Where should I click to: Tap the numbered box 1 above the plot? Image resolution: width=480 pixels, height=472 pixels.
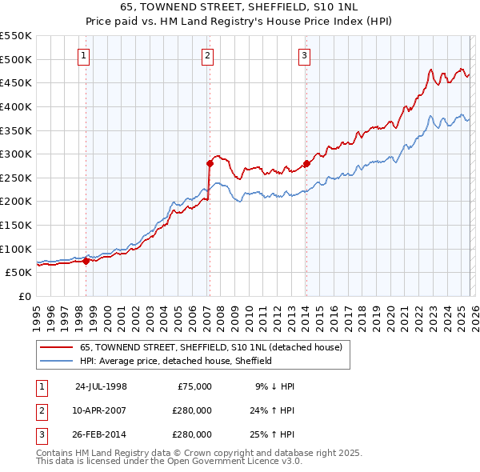[x=85, y=55]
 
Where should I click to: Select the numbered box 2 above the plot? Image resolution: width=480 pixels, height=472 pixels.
[x=207, y=55]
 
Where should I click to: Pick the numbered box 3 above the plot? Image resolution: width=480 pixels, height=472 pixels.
[x=305, y=55]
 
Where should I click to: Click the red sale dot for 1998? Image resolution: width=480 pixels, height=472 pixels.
[x=86, y=260]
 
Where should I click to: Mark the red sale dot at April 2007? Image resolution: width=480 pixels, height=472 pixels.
[x=210, y=163]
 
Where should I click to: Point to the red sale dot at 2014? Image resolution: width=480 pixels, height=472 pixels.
[x=306, y=163]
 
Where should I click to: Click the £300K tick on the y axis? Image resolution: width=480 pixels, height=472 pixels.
[x=18, y=154]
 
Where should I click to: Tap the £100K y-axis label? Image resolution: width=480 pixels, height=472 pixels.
[x=18, y=249]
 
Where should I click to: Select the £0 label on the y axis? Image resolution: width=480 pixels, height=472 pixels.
[x=24, y=296]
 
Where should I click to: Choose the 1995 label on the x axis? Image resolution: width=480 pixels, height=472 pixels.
[x=37, y=316]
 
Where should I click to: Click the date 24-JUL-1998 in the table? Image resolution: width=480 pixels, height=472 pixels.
[x=101, y=386]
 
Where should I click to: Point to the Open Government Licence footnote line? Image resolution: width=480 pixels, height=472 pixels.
[x=170, y=462]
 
